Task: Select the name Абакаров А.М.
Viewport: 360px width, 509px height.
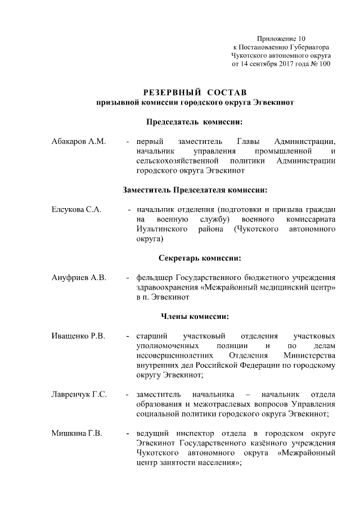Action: click(78, 141)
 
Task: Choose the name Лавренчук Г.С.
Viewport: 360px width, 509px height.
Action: click(79, 394)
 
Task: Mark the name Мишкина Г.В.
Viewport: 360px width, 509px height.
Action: click(76, 434)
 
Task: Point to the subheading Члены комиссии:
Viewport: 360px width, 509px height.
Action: click(195, 316)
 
